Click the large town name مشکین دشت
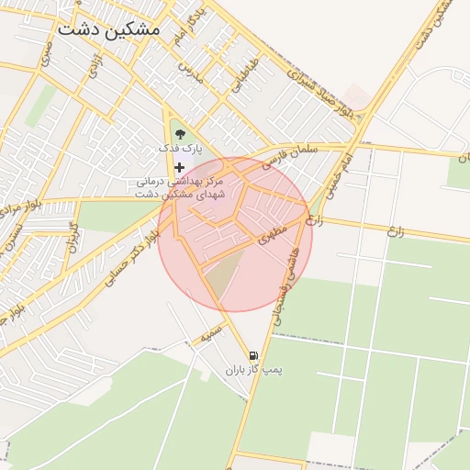[108, 28]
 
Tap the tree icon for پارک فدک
[180, 134]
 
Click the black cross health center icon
[179, 167]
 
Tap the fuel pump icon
[252, 355]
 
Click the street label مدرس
[190, 68]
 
